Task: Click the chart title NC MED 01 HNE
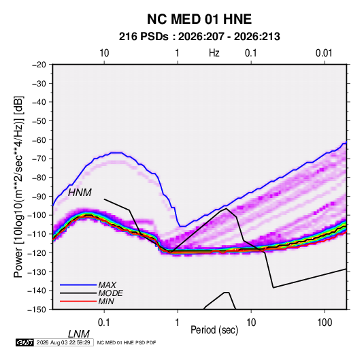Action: (x=199, y=19)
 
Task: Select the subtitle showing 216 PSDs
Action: (x=199, y=37)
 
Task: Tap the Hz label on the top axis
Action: (x=214, y=53)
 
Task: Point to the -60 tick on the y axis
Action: (x=39, y=140)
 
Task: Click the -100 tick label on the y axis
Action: (x=37, y=215)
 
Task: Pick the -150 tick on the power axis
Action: (x=37, y=310)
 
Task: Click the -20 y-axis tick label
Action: (x=39, y=65)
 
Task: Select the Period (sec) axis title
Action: (x=214, y=330)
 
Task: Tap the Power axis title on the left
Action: (x=18, y=187)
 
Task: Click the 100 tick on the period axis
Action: (x=325, y=323)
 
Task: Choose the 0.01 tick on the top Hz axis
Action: (x=324, y=53)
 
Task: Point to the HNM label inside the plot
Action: (x=80, y=193)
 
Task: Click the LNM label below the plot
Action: (x=79, y=334)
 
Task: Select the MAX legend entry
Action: (x=107, y=285)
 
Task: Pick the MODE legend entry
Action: (x=110, y=293)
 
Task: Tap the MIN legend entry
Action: (x=106, y=301)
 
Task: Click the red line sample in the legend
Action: (x=78, y=301)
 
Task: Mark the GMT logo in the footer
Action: (x=25, y=342)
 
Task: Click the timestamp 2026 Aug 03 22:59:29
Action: (x=63, y=342)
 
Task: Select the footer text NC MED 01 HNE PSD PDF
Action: (x=127, y=342)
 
